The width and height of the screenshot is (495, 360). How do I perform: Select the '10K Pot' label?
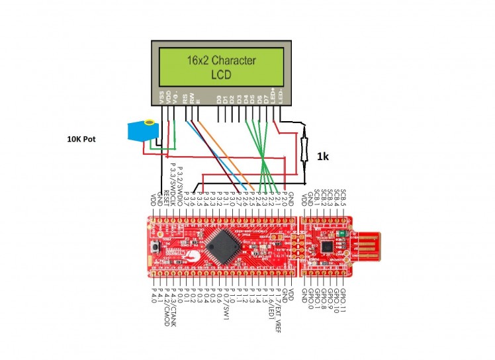(83, 139)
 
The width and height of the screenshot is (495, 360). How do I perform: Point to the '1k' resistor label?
(322, 157)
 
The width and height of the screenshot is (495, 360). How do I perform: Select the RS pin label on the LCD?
(185, 99)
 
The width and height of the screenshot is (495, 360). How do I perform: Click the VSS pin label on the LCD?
(161, 97)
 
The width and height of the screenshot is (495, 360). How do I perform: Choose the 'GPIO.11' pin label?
(345, 301)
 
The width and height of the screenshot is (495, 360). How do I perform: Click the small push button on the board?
(157, 248)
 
